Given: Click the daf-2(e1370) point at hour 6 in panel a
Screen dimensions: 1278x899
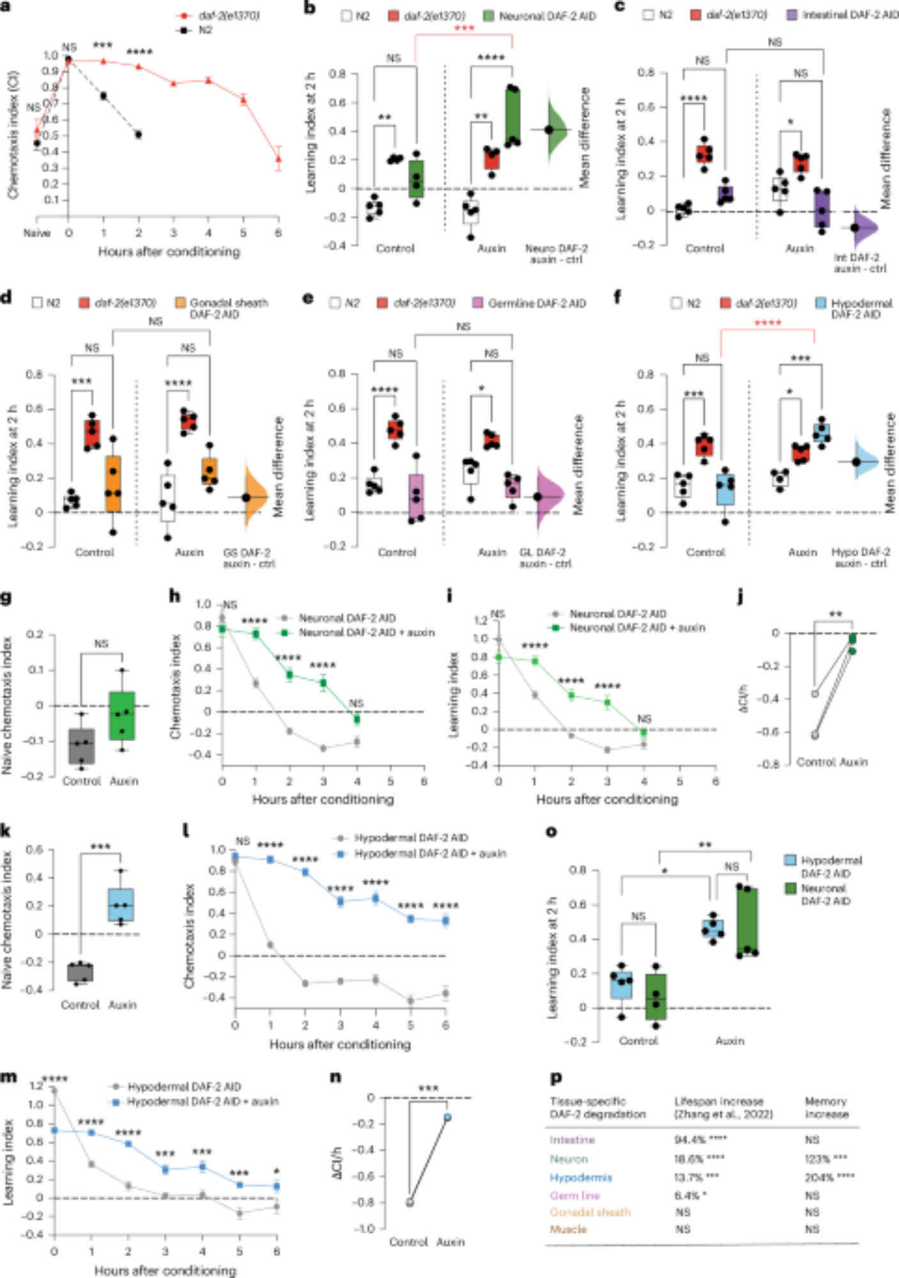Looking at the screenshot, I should pyautogui.click(x=278, y=158).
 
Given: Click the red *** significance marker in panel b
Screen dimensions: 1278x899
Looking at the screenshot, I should pyautogui.click(x=464, y=29).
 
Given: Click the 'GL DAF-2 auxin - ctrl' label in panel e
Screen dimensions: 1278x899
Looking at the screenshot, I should pyautogui.click(x=545, y=558).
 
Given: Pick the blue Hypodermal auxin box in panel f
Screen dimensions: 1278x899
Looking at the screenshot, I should pyautogui.click(x=822, y=433).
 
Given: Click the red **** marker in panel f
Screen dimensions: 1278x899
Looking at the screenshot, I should pyautogui.click(x=767, y=323).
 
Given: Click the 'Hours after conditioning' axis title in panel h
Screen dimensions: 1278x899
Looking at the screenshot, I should pyautogui.click(x=323, y=799).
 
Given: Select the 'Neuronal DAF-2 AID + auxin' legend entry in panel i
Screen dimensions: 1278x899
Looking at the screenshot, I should pyautogui.click(x=636, y=628).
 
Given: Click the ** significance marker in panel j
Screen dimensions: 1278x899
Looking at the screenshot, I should pyautogui.click(x=834, y=615).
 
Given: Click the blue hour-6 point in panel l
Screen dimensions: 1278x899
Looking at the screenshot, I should pyautogui.click(x=445, y=921).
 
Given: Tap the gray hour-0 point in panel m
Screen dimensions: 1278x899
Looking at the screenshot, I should pyautogui.click(x=54, y=1091).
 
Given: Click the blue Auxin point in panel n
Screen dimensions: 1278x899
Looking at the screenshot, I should pyautogui.click(x=447, y=1118).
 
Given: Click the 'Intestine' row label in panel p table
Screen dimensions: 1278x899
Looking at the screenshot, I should pyautogui.click(x=572, y=1140).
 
